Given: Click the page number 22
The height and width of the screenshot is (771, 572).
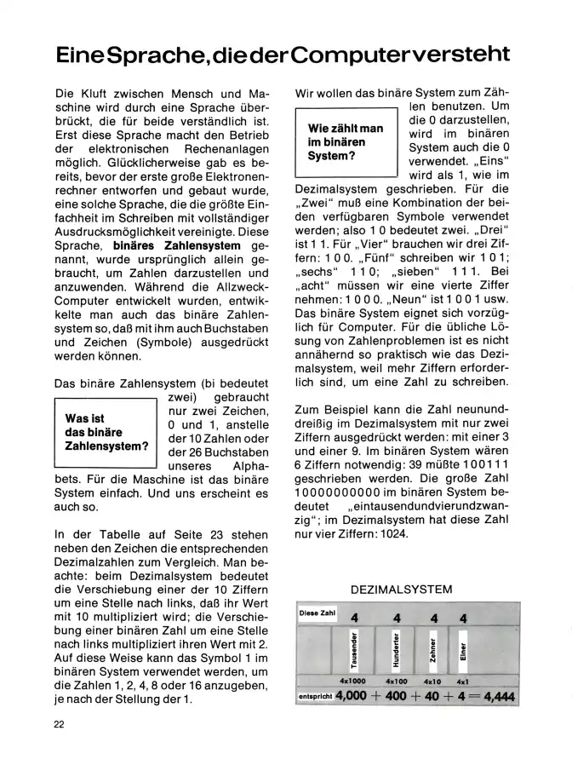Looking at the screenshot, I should (58, 724).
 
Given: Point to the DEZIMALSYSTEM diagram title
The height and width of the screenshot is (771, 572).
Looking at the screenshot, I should (401, 589).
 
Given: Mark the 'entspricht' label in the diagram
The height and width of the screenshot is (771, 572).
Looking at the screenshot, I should (314, 697).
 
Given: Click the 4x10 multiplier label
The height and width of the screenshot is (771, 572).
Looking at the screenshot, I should (432, 682).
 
